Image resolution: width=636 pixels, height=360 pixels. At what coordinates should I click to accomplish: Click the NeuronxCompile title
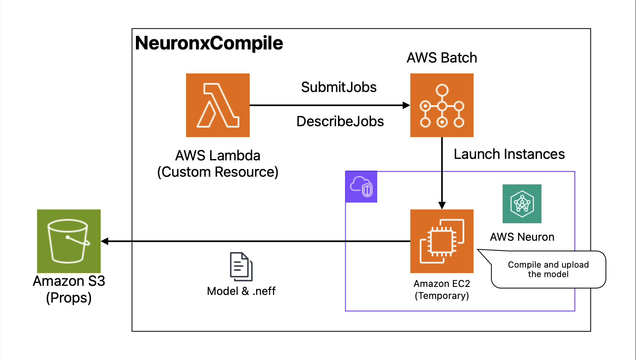[209, 43]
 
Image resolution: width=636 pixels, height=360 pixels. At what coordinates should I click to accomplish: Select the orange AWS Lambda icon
[218, 105]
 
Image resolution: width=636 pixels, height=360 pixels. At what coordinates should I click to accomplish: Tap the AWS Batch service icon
[442, 105]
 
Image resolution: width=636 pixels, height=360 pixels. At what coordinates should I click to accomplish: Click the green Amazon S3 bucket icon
[69, 241]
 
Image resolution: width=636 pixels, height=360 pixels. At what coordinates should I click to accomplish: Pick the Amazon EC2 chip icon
[442, 241]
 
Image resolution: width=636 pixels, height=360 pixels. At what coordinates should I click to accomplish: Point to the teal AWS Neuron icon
[522, 204]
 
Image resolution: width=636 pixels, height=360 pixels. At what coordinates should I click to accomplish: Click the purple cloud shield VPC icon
[361, 187]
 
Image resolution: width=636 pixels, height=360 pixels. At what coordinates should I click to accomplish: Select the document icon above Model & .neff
[241, 267]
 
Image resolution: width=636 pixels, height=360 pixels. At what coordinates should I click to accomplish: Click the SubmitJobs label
[339, 87]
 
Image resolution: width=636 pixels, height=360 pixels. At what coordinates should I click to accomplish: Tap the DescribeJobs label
[340, 121]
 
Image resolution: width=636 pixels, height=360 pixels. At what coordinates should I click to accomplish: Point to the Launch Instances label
[509, 154]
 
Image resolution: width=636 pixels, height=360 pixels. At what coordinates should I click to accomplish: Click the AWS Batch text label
[442, 58]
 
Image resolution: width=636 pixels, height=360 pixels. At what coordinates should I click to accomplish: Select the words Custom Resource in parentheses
[218, 172]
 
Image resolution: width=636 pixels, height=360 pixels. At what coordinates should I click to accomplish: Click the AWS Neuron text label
[522, 237]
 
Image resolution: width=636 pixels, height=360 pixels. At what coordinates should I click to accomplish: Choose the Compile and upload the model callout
[548, 269]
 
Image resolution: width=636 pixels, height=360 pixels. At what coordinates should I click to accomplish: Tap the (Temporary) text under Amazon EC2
[442, 296]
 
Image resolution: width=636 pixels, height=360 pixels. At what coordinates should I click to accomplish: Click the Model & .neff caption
[241, 291]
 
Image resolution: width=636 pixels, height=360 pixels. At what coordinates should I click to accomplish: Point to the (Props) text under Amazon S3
[69, 298]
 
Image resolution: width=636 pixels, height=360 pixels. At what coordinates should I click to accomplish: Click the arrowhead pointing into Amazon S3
[105, 241]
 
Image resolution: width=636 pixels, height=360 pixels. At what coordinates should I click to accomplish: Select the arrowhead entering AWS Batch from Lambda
[407, 105]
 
